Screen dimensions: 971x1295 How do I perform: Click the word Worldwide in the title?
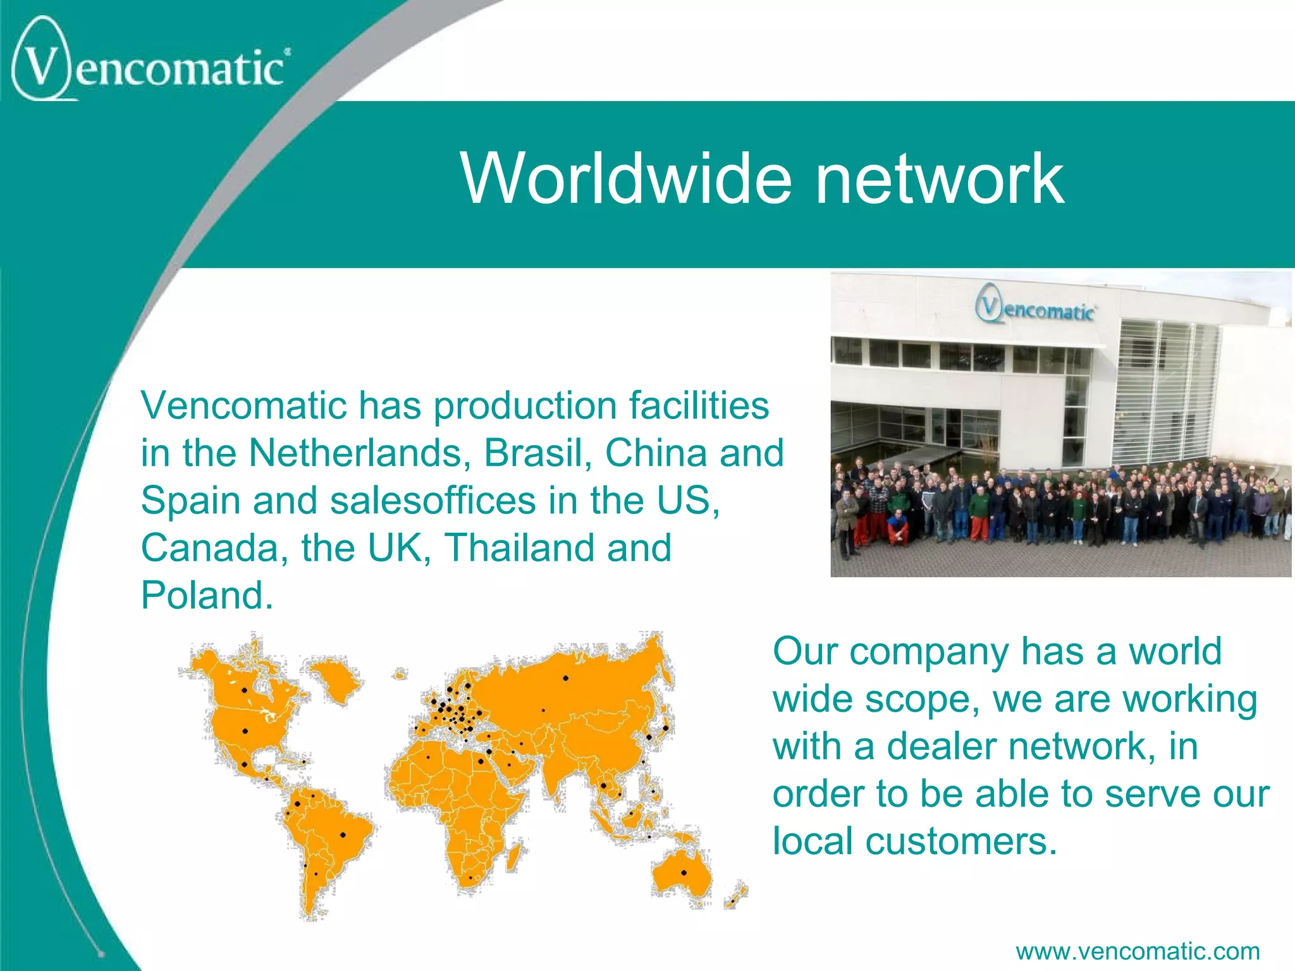pos(626,180)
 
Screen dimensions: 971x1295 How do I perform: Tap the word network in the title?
pos(940,180)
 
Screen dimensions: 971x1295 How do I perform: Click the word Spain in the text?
pos(190,501)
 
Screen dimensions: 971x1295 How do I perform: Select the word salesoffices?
pos(433,501)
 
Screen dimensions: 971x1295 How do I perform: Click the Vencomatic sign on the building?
pos(1036,308)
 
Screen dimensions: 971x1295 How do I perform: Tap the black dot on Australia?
pos(684,873)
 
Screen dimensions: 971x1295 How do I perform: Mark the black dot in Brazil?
pos(343,834)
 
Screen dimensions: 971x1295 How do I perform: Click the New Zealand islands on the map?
pos(735,895)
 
